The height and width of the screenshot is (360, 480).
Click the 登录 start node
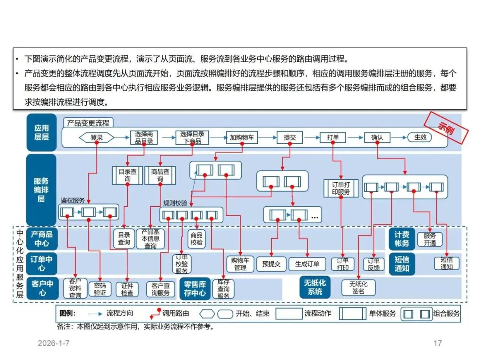[x=96, y=137]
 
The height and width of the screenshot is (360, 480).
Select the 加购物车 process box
[x=242, y=137]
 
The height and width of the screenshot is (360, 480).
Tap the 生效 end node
[x=420, y=137]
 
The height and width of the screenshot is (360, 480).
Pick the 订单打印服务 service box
[x=341, y=188]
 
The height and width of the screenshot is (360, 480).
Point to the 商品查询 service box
[x=160, y=175]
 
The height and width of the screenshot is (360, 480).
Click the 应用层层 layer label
[x=41, y=132]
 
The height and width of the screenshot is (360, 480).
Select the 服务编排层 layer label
[x=41, y=190]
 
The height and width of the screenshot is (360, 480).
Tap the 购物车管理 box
[x=240, y=264]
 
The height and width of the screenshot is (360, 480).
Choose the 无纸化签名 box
[x=358, y=288]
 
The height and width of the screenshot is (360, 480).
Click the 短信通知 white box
[x=446, y=264]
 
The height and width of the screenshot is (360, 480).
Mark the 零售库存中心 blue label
[x=195, y=288]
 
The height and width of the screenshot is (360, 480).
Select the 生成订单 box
[x=307, y=264]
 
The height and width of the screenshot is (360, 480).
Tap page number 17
[x=437, y=343]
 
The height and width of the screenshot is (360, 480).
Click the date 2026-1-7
[x=54, y=344]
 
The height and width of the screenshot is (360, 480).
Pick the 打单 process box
[x=333, y=137]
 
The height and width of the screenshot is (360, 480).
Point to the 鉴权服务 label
[x=73, y=200]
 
